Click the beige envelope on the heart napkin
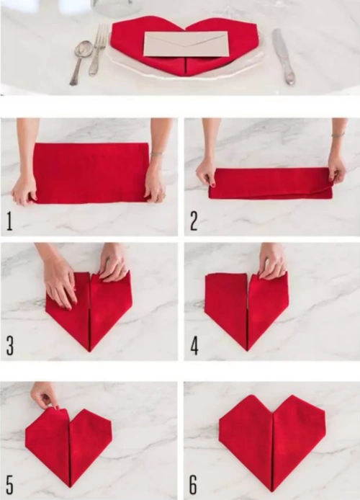[x=186, y=44]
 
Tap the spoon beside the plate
[x=80, y=60]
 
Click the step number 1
[x=9, y=221]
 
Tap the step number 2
[x=194, y=221]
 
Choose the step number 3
[x=10, y=347]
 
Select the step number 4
[x=194, y=347]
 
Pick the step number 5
[x=9, y=485]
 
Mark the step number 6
[x=194, y=485]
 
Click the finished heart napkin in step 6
[x=271, y=442]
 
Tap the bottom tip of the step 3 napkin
[x=90, y=352]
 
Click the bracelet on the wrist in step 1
[x=156, y=154]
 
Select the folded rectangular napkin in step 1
[x=91, y=173]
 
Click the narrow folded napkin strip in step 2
[x=271, y=183]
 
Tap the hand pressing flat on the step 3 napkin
[x=60, y=277]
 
